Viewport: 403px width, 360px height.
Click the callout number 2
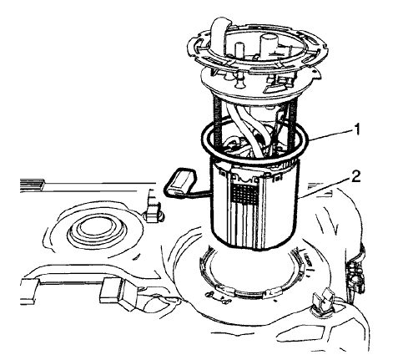[355, 177]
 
